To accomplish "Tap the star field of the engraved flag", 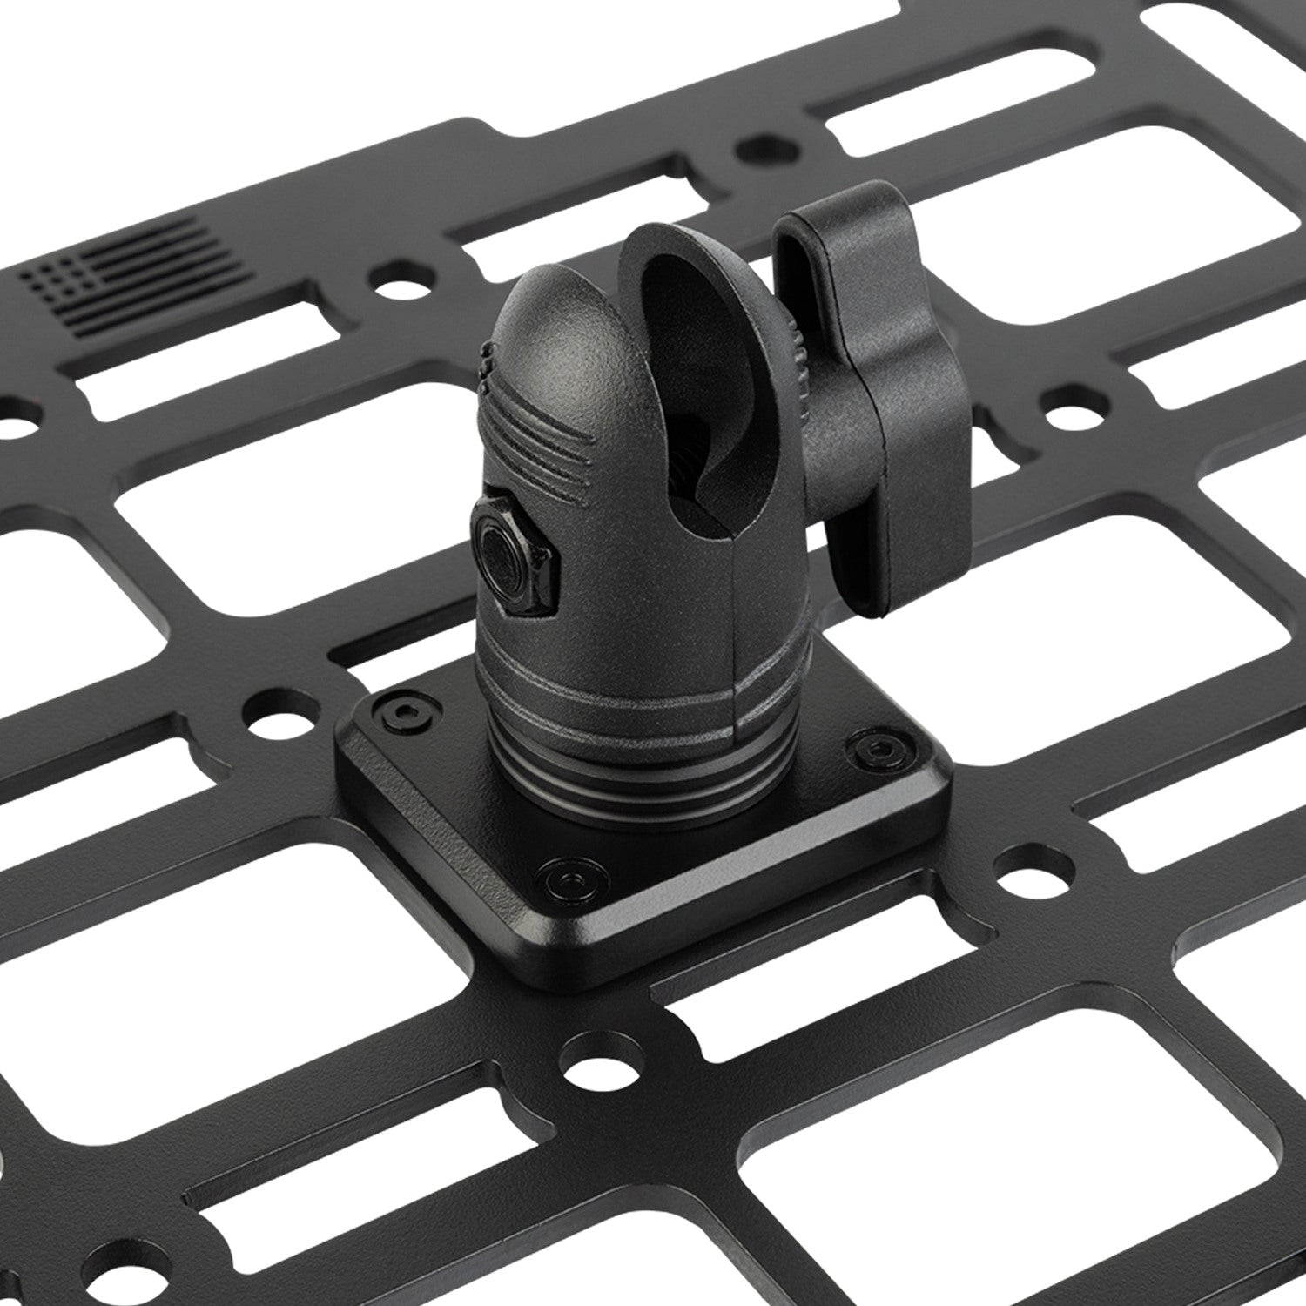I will click(x=54, y=276).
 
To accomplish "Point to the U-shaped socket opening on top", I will click(x=688, y=366).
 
